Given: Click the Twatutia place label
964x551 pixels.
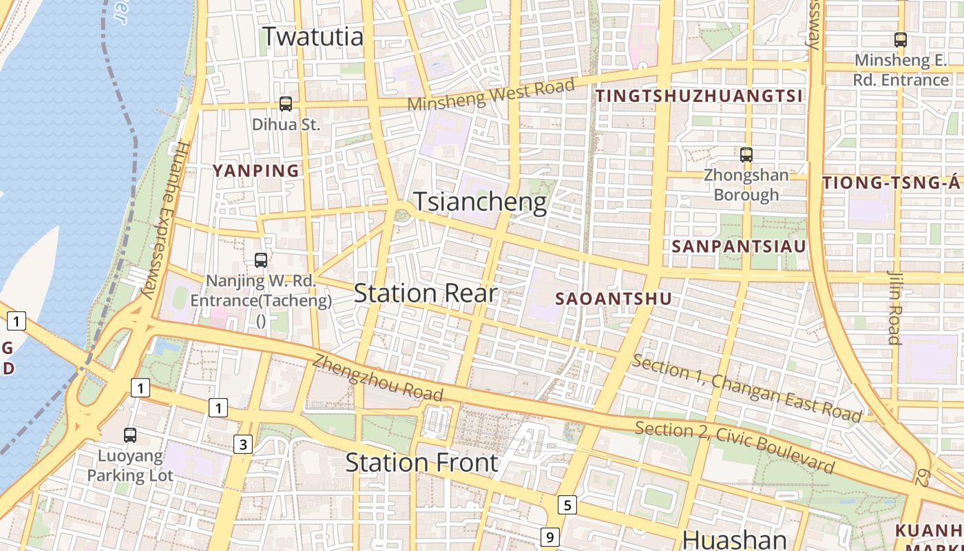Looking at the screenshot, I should tap(313, 37).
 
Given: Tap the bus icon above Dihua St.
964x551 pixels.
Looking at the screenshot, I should tap(285, 104).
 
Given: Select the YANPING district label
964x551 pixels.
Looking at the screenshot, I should tap(256, 171).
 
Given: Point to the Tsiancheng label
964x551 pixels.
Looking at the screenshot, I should tap(480, 202).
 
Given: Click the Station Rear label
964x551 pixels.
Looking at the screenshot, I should tap(425, 293).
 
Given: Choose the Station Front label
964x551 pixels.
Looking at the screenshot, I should tap(421, 462).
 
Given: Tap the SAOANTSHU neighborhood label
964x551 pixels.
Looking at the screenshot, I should tap(613, 299).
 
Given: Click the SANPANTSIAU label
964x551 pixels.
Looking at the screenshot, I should tap(738, 246).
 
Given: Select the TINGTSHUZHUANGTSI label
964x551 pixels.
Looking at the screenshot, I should tap(699, 96).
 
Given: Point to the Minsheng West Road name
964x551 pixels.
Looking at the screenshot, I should tap(491, 94).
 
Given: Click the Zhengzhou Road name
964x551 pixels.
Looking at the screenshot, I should tap(377, 377).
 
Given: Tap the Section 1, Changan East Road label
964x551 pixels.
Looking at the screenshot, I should tap(746, 388).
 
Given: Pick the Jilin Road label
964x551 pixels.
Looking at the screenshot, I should tap(894, 307).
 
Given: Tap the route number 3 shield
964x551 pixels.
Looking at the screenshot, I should tap(242, 445).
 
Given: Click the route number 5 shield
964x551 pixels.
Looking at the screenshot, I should tap(567, 506).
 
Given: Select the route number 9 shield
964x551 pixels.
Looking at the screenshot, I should tap(549, 537).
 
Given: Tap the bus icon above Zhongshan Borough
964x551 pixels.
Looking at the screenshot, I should tap(746, 155).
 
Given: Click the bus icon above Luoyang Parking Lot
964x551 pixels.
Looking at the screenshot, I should tap(129, 435).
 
